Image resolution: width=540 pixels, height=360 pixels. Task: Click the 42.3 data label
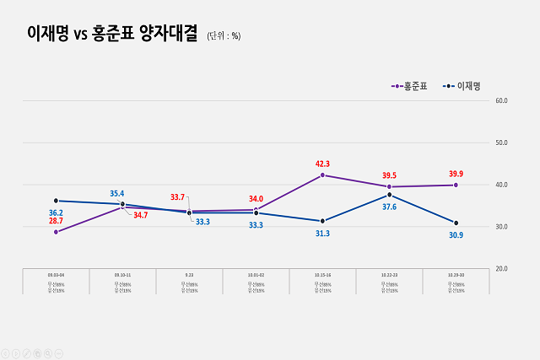pyautogui.click(x=322, y=164)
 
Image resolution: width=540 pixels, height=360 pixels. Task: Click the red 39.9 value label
pyautogui.click(x=456, y=174)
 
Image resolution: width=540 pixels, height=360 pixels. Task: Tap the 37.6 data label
pyautogui.click(x=389, y=207)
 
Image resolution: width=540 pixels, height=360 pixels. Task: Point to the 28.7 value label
pyautogui.click(x=57, y=220)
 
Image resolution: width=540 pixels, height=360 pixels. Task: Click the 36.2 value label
pyautogui.click(x=57, y=212)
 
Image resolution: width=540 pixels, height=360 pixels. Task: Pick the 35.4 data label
pyautogui.click(x=117, y=193)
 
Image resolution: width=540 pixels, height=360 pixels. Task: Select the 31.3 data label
pyautogui.click(x=322, y=233)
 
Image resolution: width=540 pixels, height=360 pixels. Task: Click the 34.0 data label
pyautogui.click(x=256, y=199)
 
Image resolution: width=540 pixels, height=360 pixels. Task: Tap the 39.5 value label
pyautogui.click(x=389, y=175)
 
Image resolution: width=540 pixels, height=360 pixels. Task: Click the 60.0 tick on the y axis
pyautogui.click(x=500, y=100)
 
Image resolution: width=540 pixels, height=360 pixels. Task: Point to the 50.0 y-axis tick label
pyautogui.click(x=500, y=142)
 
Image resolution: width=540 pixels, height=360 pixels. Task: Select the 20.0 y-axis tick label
pyautogui.click(x=500, y=268)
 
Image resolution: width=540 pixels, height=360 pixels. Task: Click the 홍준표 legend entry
pyautogui.click(x=412, y=86)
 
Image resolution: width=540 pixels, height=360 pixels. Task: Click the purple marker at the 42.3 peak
pyautogui.click(x=322, y=175)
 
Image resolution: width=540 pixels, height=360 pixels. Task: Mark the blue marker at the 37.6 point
pyautogui.click(x=389, y=195)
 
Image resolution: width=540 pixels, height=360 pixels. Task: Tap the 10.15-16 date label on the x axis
pyautogui.click(x=322, y=275)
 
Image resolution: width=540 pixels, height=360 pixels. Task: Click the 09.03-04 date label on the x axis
pyautogui.click(x=57, y=275)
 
